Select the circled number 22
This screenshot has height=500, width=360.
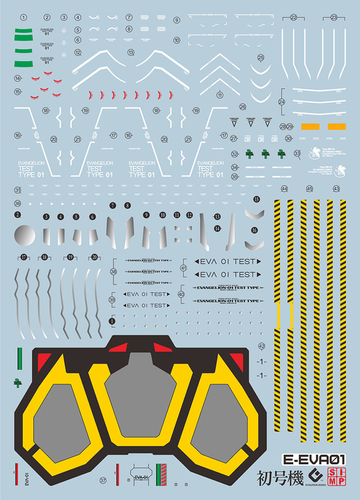point(293,17)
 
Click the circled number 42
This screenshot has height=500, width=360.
point(261,346)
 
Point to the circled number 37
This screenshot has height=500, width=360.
point(103,480)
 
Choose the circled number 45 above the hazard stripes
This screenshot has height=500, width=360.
point(309,189)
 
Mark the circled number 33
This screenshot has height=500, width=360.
point(297,153)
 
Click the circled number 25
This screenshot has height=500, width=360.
point(260,58)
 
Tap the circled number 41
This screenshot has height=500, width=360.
point(183,268)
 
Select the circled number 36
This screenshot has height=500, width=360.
point(17,203)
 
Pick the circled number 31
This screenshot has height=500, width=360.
point(17,190)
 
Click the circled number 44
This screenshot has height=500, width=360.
point(284,189)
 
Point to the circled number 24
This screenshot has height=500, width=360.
point(282,102)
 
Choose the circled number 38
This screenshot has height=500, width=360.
point(113,271)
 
